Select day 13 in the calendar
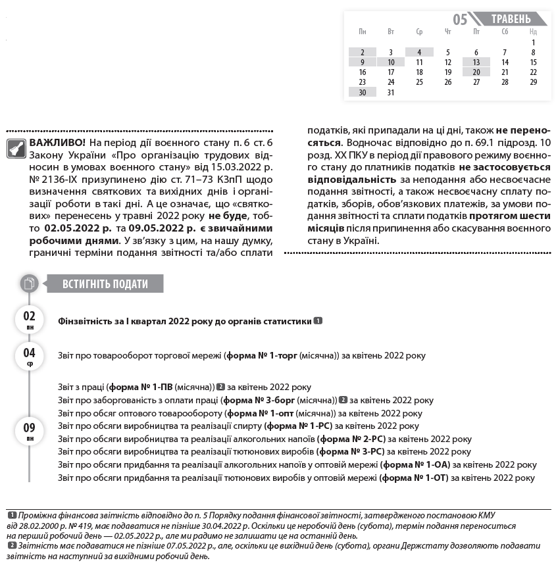pos(476,62)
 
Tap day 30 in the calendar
pos(363,92)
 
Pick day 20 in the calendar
pos(476,72)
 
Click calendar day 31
pos(391,92)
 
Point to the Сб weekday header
pos(505,32)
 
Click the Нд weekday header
pos(533,32)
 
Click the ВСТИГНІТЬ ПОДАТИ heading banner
pos(105,284)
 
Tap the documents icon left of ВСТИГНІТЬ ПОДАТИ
pos(29,284)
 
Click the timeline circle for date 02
pos(30,320)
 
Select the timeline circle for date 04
pos(30,356)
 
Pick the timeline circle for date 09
pos(30,431)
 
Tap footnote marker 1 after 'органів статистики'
pos(318,321)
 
